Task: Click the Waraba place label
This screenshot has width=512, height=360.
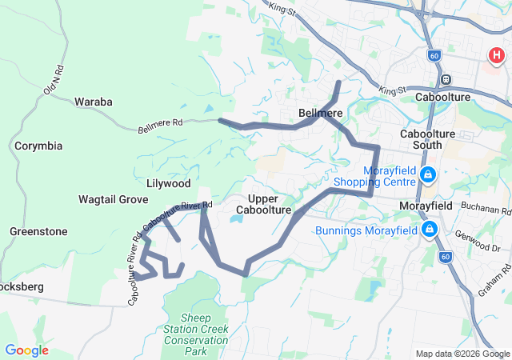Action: [93, 102]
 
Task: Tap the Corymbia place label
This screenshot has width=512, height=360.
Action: [38, 146]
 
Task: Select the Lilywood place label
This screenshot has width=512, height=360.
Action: [168, 183]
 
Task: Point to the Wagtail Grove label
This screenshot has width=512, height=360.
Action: [113, 199]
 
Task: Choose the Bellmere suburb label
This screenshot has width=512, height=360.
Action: [321, 113]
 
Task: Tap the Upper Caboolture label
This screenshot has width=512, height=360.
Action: [263, 204]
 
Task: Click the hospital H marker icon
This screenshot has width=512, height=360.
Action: [497, 56]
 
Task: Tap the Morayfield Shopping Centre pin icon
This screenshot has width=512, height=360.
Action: [428, 174]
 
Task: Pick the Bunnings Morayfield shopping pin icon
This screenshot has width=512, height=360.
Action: [430, 230]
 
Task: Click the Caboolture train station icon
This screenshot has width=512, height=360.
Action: [446, 80]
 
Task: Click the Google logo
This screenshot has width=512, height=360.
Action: [26, 350]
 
